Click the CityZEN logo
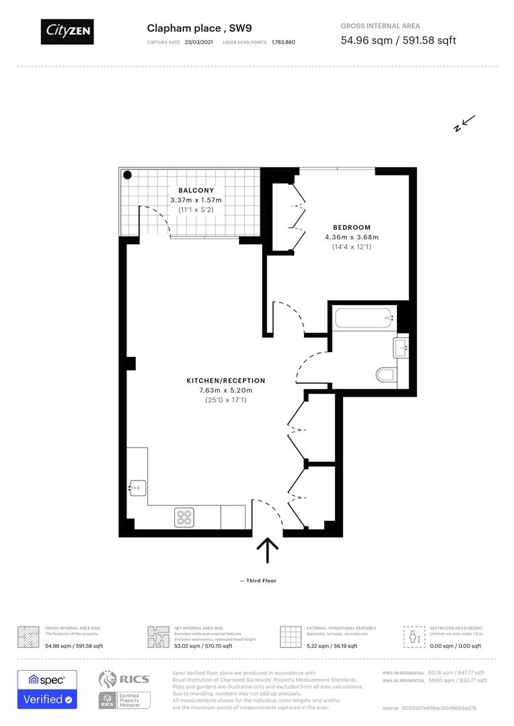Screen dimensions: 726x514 point(67,31)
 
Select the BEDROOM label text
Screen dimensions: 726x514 point(351,227)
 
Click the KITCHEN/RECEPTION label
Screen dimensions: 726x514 point(226,380)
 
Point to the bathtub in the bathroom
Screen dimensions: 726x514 point(363,318)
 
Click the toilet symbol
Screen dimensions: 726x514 point(386,374)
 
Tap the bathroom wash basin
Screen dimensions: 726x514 point(402,347)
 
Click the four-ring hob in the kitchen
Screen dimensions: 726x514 point(184,516)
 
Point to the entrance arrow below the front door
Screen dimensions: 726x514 point(268,550)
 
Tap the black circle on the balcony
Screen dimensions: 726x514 point(127,175)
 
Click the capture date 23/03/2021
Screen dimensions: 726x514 point(198,42)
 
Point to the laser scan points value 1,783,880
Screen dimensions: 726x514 point(283,42)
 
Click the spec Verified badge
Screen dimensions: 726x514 point(47,689)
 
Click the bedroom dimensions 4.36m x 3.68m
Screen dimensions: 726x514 point(351,237)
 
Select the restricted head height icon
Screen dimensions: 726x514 point(414,637)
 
